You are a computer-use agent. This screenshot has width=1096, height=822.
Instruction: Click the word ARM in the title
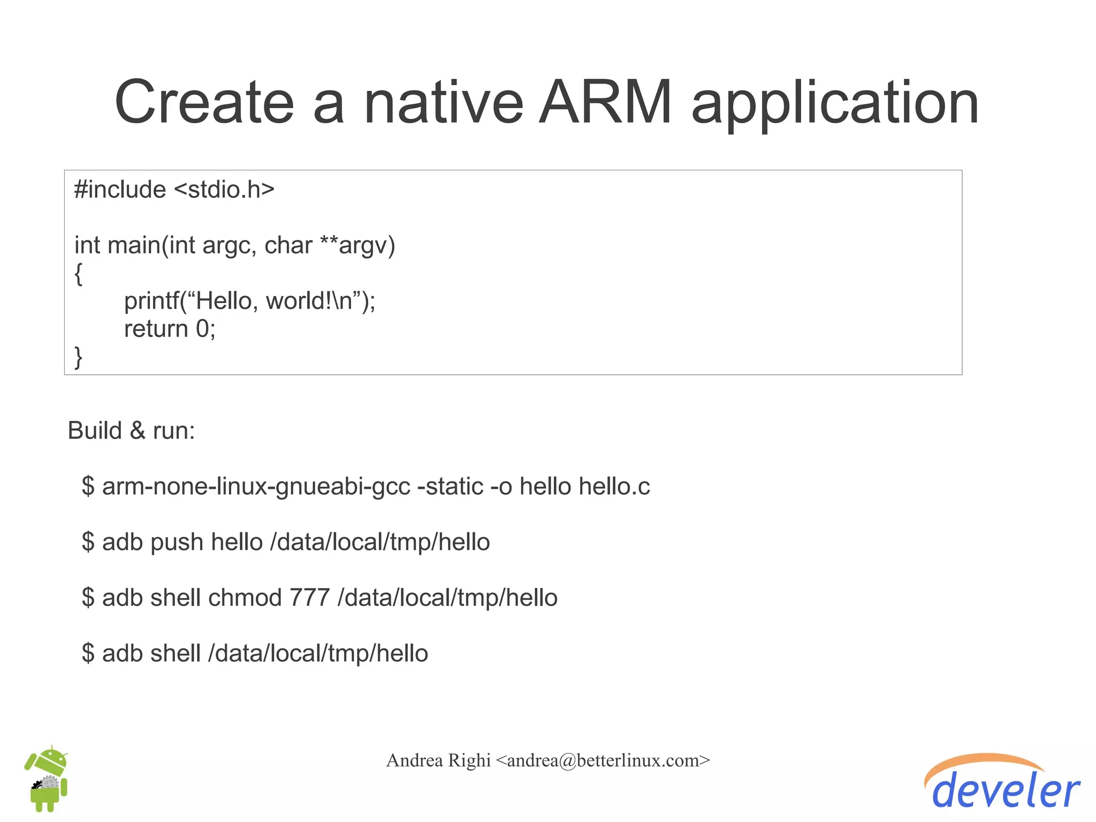[x=605, y=102]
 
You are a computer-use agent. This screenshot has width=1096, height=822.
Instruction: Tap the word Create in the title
[x=204, y=102]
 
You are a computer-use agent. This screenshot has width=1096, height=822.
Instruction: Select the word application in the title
[x=835, y=104]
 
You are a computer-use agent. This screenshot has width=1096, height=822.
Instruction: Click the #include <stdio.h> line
[x=174, y=190]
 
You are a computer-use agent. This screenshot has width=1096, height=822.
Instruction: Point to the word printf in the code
[x=151, y=301]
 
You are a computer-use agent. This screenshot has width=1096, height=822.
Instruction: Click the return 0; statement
[x=170, y=329]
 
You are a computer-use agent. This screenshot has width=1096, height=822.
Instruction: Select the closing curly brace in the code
[x=79, y=357]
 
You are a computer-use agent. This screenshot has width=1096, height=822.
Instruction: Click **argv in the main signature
[x=357, y=245]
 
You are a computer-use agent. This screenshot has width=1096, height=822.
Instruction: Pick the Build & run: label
[x=131, y=431]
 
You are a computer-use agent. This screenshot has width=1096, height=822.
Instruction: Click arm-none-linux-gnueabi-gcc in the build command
[x=256, y=487]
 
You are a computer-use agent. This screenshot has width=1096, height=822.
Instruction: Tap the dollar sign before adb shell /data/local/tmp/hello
[x=88, y=654]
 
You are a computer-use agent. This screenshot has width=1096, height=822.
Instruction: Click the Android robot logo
[x=47, y=779]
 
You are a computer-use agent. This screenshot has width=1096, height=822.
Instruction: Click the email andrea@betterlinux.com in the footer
[x=603, y=760]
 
